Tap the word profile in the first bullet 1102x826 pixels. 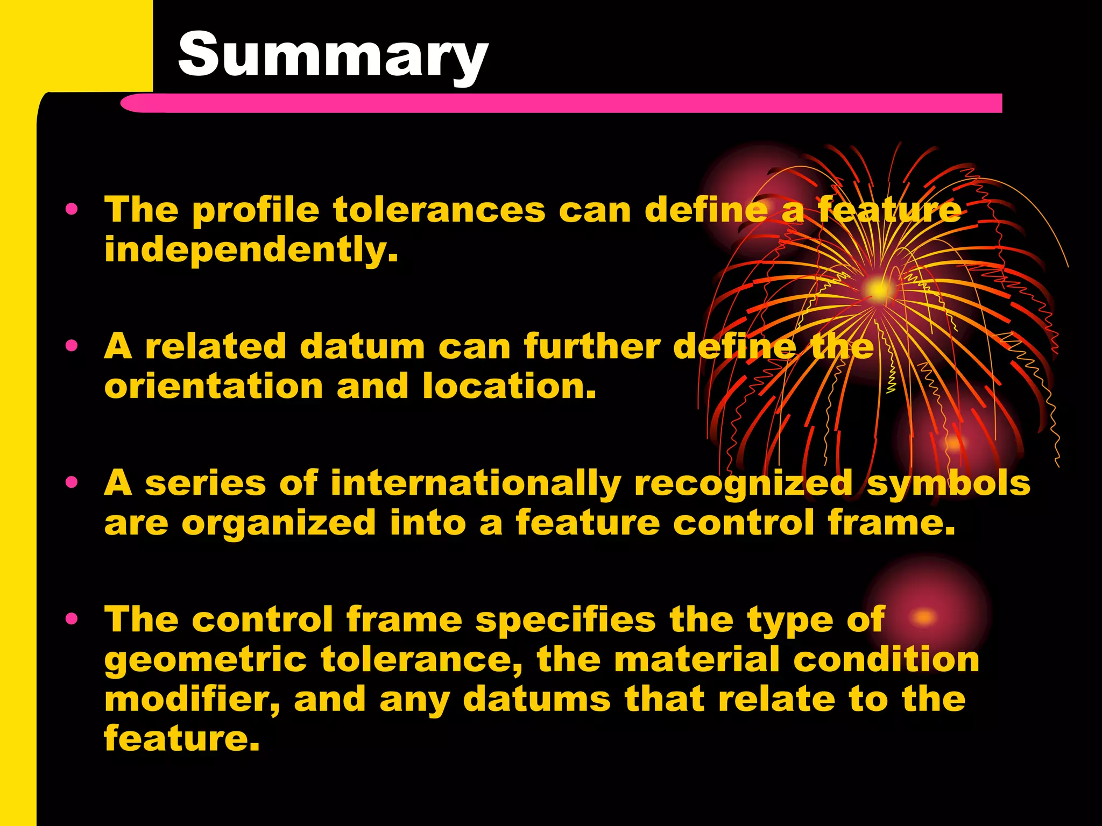pos(256,210)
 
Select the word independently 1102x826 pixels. pos(251,250)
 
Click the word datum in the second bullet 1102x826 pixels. pos(362,347)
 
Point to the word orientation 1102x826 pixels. pos(213,387)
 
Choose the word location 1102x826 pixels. pos(510,387)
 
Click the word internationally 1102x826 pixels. pos(476,483)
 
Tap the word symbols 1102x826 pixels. pos(948,483)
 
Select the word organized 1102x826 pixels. pos(278,524)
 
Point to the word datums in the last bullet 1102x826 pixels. pos(536,700)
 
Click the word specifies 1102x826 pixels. pos(566,621)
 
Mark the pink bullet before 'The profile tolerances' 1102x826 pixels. pos(72,209)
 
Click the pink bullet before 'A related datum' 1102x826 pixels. pos(72,346)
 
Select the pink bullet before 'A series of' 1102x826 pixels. pos(72,482)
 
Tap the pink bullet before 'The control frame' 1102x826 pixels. pos(72,619)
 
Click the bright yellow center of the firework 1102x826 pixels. pos(877,290)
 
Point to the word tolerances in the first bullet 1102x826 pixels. pos(439,210)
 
